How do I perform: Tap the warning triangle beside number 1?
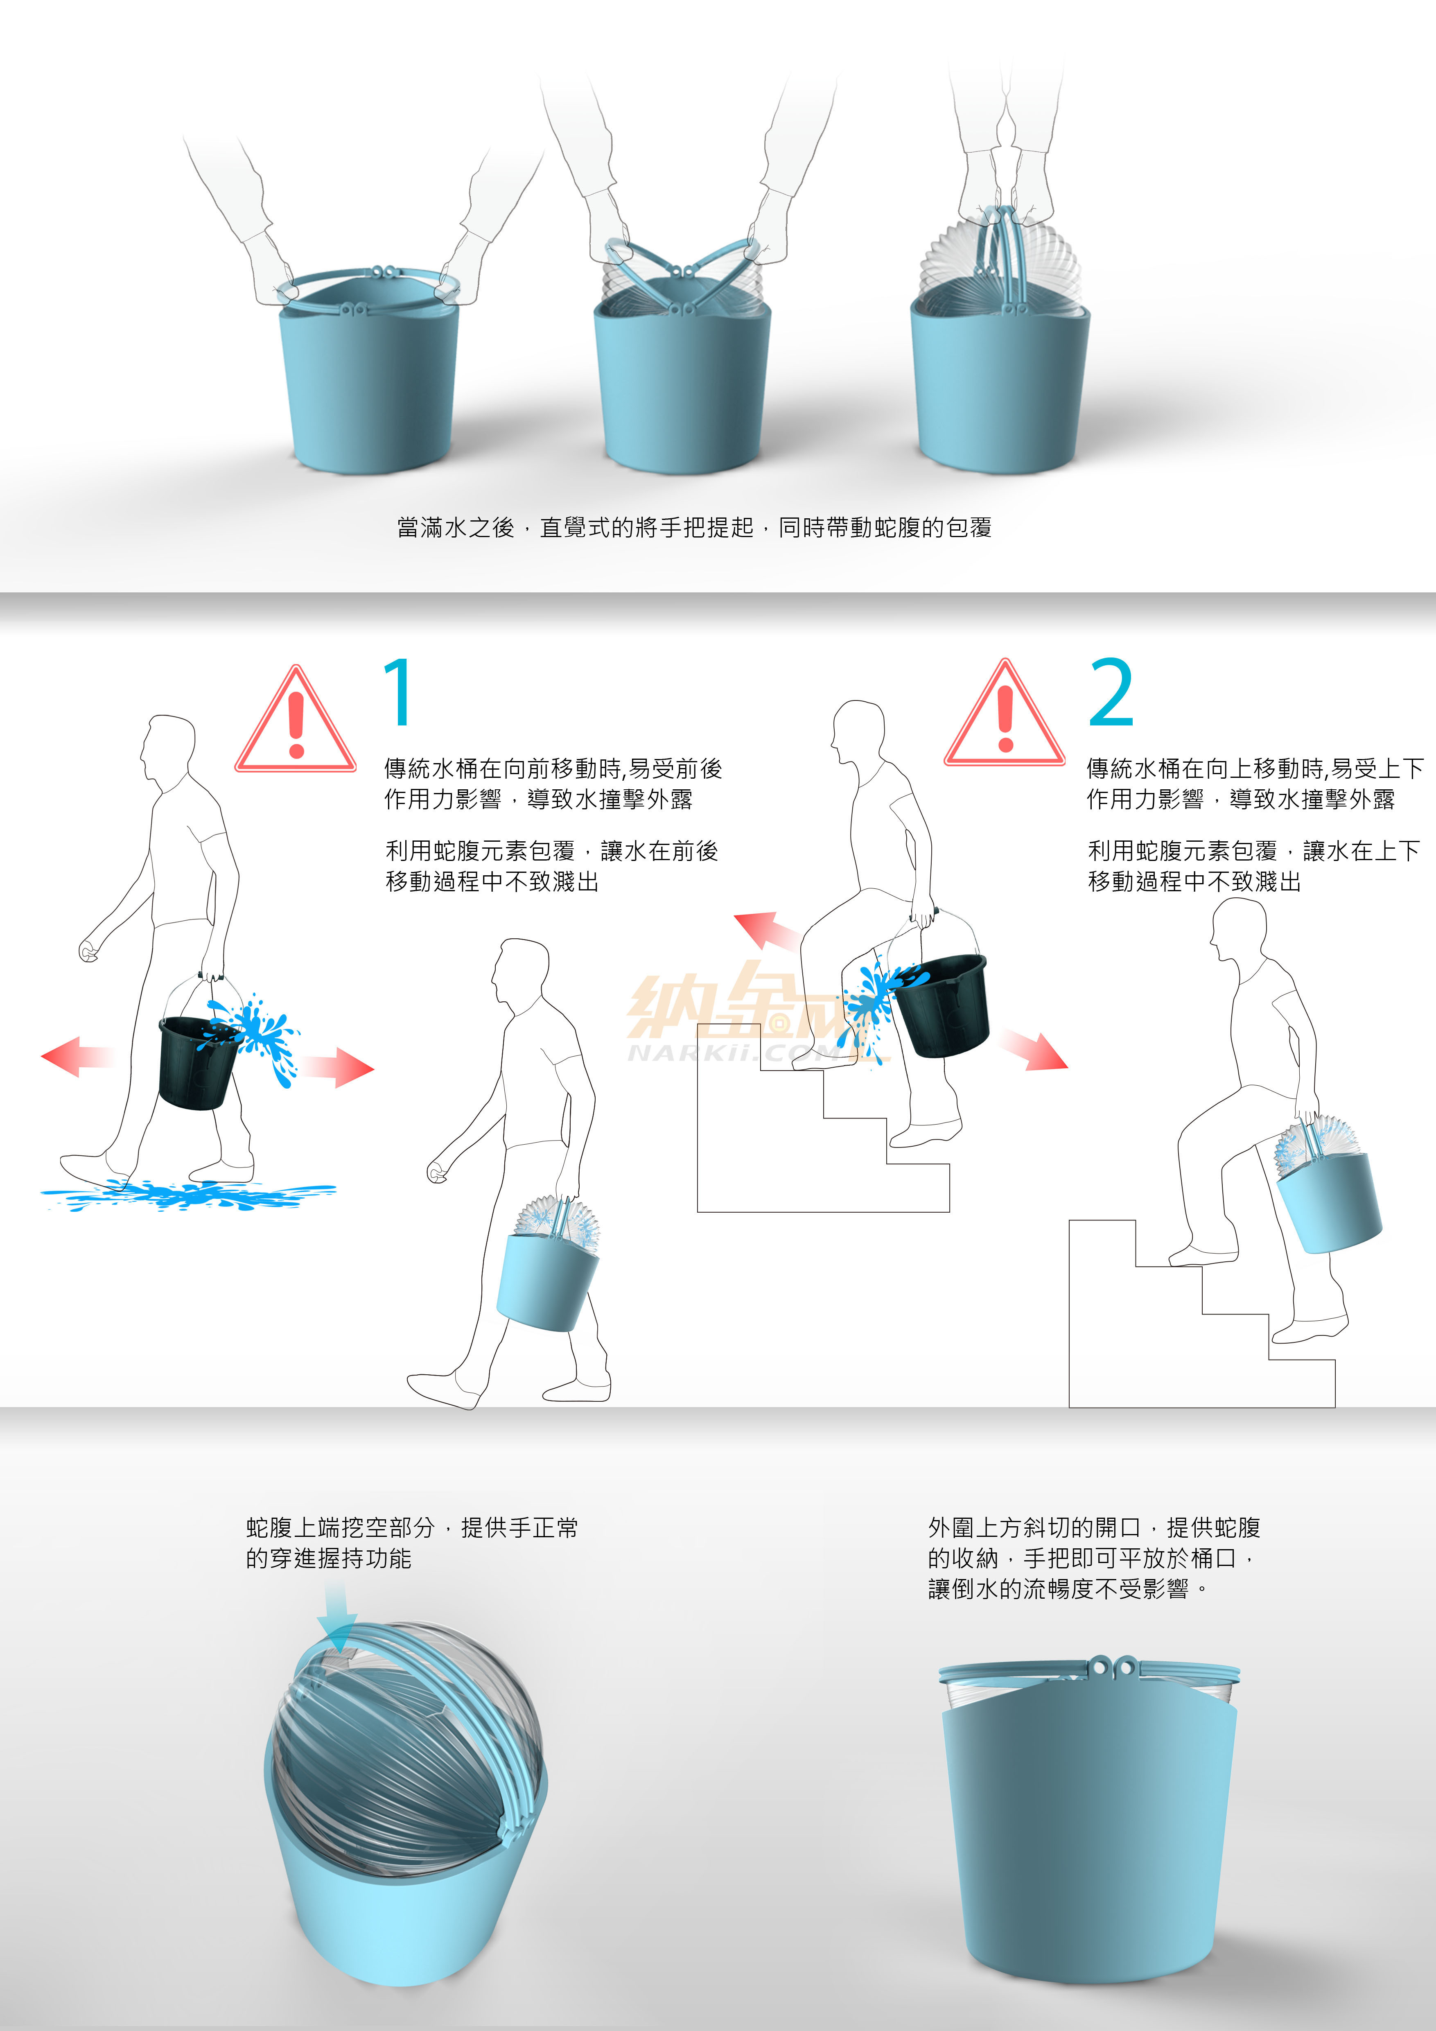coord(295,723)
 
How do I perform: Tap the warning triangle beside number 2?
coord(1005,716)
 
